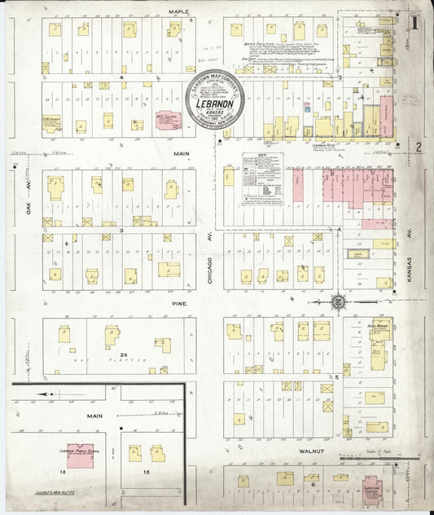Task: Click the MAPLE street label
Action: tap(178, 11)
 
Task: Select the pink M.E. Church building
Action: tap(168, 120)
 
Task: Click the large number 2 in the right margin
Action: tap(418, 147)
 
